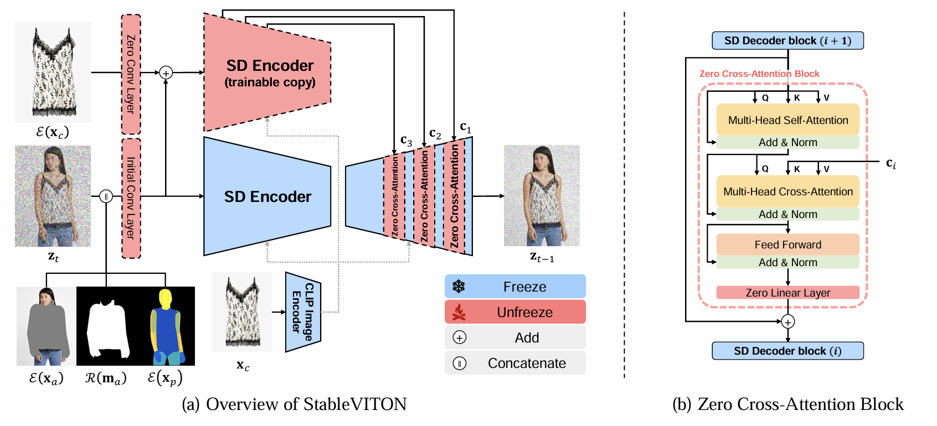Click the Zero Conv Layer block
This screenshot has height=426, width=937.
pos(131,74)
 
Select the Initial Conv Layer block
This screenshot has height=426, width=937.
pos(131,198)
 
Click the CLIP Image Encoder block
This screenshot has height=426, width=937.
pos(302,312)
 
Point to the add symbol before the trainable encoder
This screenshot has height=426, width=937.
pos(166,72)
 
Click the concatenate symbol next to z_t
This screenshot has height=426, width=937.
pos(106,196)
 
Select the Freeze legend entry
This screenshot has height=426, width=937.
pos(515,287)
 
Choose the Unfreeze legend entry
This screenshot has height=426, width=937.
pos(515,312)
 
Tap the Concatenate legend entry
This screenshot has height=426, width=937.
pos(515,363)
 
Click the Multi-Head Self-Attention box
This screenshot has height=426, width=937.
pos(787,120)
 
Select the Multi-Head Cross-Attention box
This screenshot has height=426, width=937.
pos(787,191)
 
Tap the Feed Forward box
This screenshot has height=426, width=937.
pos(787,245)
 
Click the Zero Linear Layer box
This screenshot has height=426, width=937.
pos(787,293)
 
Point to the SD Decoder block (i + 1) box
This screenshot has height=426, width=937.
pos(787,40)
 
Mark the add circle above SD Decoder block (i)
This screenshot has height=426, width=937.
pos(788,321)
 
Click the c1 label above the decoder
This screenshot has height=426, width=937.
pos(466,127)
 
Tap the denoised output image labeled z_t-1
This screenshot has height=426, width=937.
pos(542,195)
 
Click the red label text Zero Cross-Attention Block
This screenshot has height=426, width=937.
pos(759,74)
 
